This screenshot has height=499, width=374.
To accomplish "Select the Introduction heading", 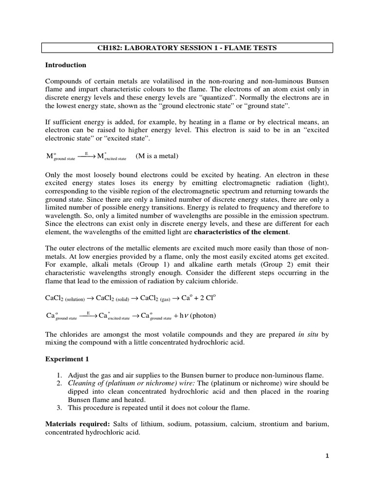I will point(66,65).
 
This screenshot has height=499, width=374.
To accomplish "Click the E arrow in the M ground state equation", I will point(87,155).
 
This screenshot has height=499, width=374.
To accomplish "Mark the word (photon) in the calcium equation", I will point(203,315).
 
